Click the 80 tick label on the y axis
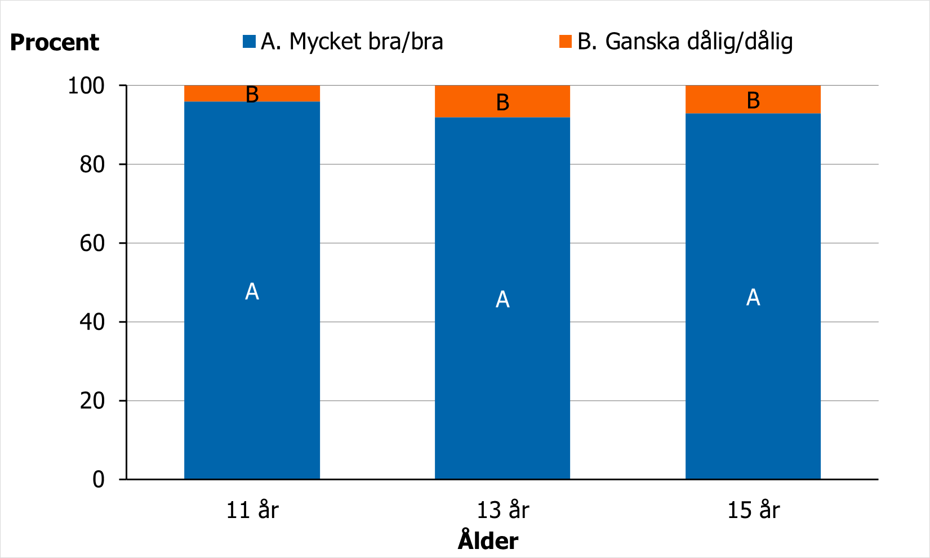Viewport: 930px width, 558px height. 92,165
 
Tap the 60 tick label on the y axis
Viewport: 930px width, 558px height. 92,244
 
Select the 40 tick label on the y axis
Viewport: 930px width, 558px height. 92,323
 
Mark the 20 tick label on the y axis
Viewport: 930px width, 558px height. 92,401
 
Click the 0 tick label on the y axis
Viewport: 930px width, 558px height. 99,480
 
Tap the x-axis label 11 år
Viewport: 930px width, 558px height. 252,510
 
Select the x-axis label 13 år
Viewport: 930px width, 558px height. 503,510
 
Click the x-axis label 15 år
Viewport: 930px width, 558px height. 754,510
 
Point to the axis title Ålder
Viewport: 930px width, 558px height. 488,541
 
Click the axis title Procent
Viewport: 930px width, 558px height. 55,43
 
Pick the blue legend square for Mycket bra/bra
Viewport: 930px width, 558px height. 249,41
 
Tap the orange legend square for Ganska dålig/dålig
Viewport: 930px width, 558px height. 566,41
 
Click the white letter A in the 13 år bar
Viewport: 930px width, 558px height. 502,300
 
